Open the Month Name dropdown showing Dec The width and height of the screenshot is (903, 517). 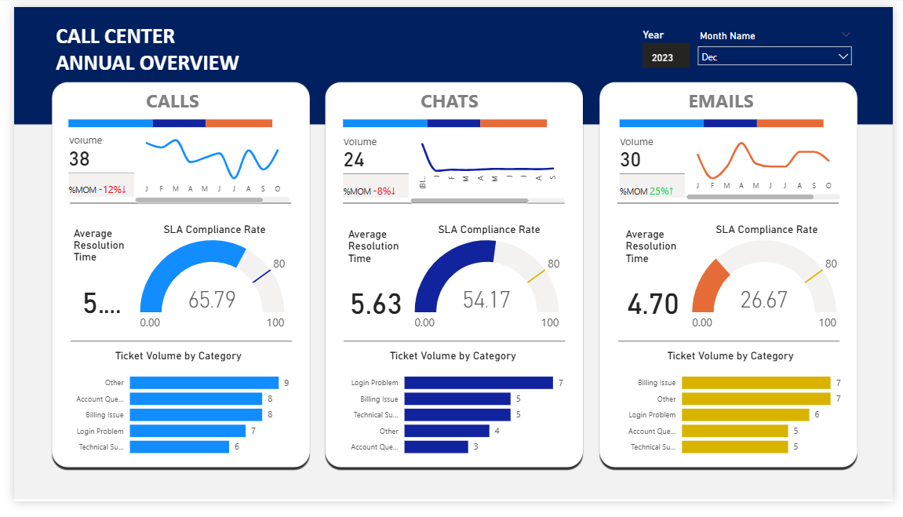(x=774, y=56)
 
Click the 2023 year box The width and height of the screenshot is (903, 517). (x=662, y=57)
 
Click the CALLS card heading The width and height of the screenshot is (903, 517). (x=173, y=101)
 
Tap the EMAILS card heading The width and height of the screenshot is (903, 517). (x=721, y=101)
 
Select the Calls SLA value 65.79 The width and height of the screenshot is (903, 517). (x=212, y=300)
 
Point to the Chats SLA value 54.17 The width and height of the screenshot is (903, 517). (x=486, y=300)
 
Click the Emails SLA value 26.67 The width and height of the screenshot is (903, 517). (x=764, y=300)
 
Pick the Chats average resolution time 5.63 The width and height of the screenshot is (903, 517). (x=376, y=304)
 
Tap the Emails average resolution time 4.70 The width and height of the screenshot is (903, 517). (x=653, y=304)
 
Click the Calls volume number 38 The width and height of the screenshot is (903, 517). (x=79, y=159)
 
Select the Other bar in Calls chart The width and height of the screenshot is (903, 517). (x=204, y=383)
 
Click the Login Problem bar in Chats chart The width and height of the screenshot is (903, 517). (x=479, y=383)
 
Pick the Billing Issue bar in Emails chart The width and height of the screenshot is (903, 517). (x=756, y=383)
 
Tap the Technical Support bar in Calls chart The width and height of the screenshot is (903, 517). (x=179, y=446)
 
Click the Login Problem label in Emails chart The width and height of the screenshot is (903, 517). (x=652, y=415)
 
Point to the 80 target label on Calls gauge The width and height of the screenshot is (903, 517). (x=279, y=264)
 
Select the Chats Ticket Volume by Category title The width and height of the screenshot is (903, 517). (x=453, y=355)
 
